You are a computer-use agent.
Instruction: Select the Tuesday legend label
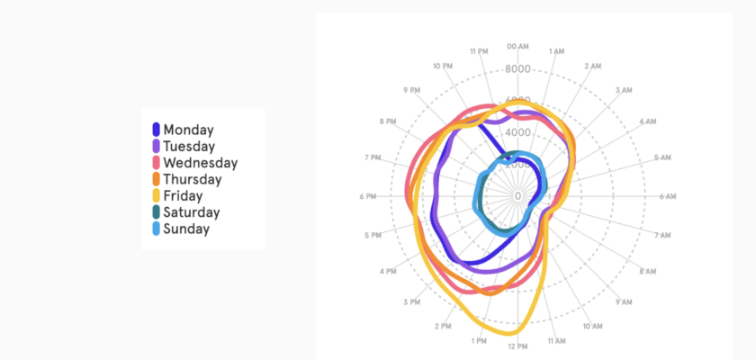[189, 146]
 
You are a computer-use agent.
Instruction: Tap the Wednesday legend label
[200, 163]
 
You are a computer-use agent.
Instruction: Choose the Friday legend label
[183, 195]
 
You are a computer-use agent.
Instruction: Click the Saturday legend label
[191, 212]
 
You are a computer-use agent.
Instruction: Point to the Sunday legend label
[186, 229]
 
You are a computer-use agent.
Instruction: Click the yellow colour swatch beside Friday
[157, 195]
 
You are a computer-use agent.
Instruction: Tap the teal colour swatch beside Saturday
[157, 212]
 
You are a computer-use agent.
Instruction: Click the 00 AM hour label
[517, 46]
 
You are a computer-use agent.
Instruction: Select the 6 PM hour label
[367, 196]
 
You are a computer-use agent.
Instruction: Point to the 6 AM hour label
[667, 196]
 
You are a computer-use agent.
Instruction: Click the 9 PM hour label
[412, 90]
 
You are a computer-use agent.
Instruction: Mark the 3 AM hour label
[624, 90]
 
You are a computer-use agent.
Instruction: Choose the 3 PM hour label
[411, 302]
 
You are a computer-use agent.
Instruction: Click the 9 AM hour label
[623, 302]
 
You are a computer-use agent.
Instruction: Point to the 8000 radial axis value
[517, 69]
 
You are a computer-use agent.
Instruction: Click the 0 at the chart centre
[517, 195]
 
